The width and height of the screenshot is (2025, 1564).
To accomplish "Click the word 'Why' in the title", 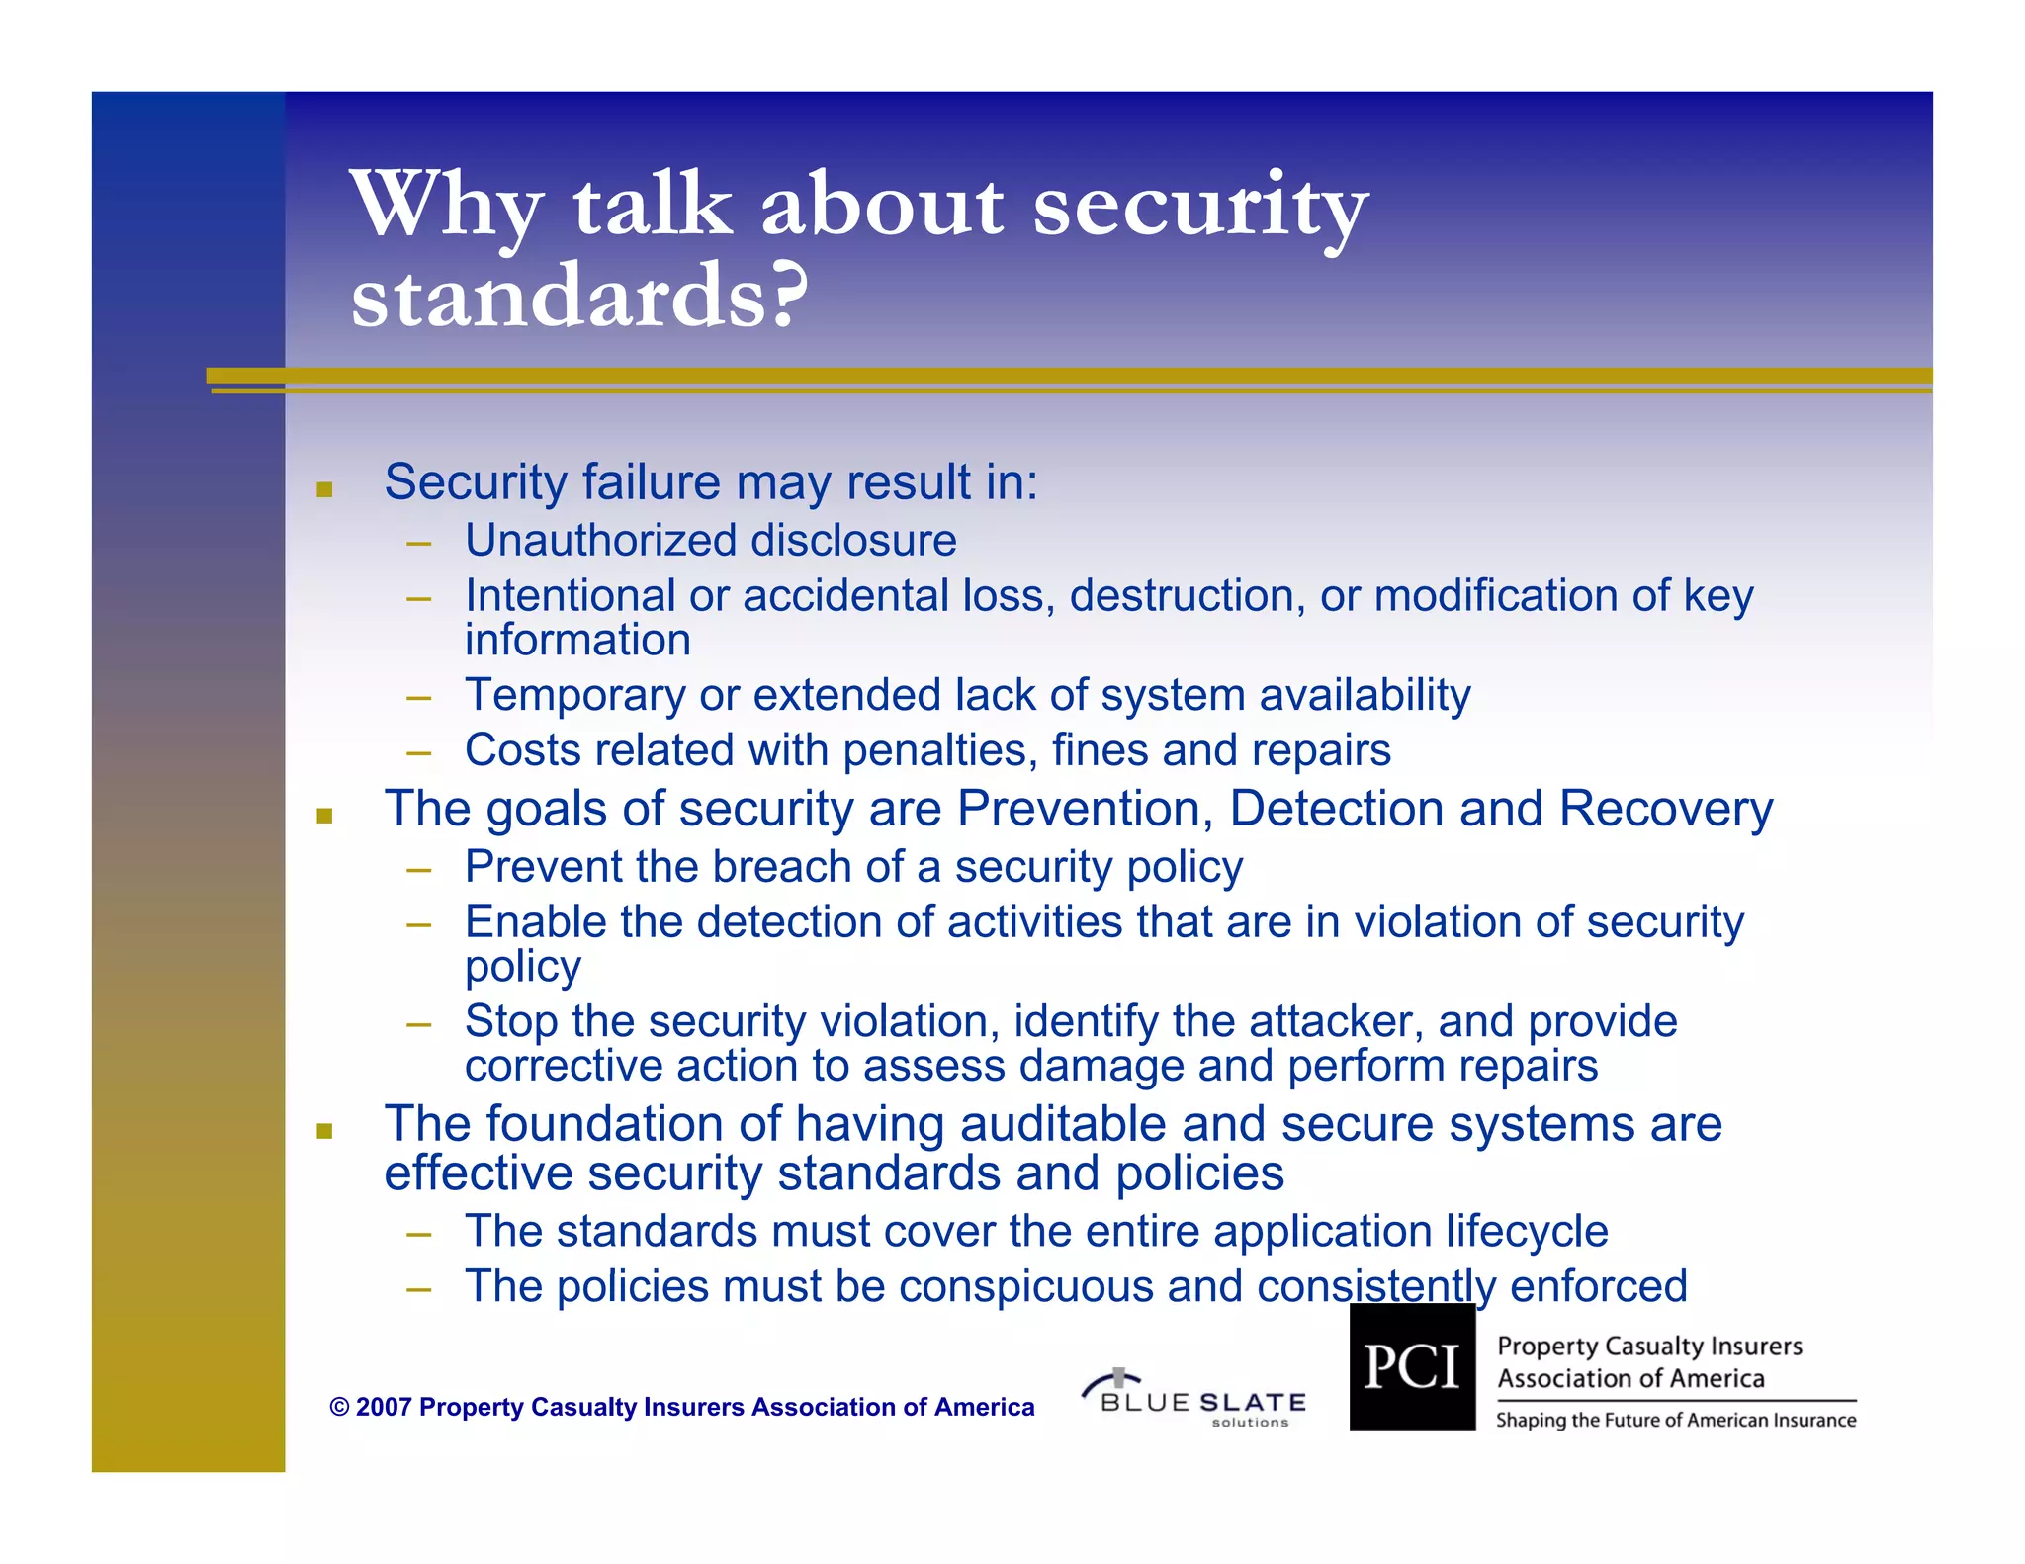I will click(445, 206).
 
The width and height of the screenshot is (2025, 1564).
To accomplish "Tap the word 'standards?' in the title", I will click(579, 296).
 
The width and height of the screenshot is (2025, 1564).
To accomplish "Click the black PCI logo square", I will click(1412, 1366).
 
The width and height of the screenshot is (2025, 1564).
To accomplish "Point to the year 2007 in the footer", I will click(384, 1407).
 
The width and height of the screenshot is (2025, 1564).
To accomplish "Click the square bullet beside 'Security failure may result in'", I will click(324, 488).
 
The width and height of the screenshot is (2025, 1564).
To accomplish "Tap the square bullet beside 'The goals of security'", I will click(324, 816).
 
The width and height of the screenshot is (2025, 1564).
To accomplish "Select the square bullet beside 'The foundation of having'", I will click(324, 1131).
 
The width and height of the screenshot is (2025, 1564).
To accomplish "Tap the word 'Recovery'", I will click(1666, 809).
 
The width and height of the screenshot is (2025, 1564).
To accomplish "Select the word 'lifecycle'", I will click(1527, 1232).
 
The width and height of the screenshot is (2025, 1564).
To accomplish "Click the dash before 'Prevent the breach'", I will click(418, 870).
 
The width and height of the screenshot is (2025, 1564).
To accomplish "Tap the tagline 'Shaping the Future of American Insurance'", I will click(1676, 1421).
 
